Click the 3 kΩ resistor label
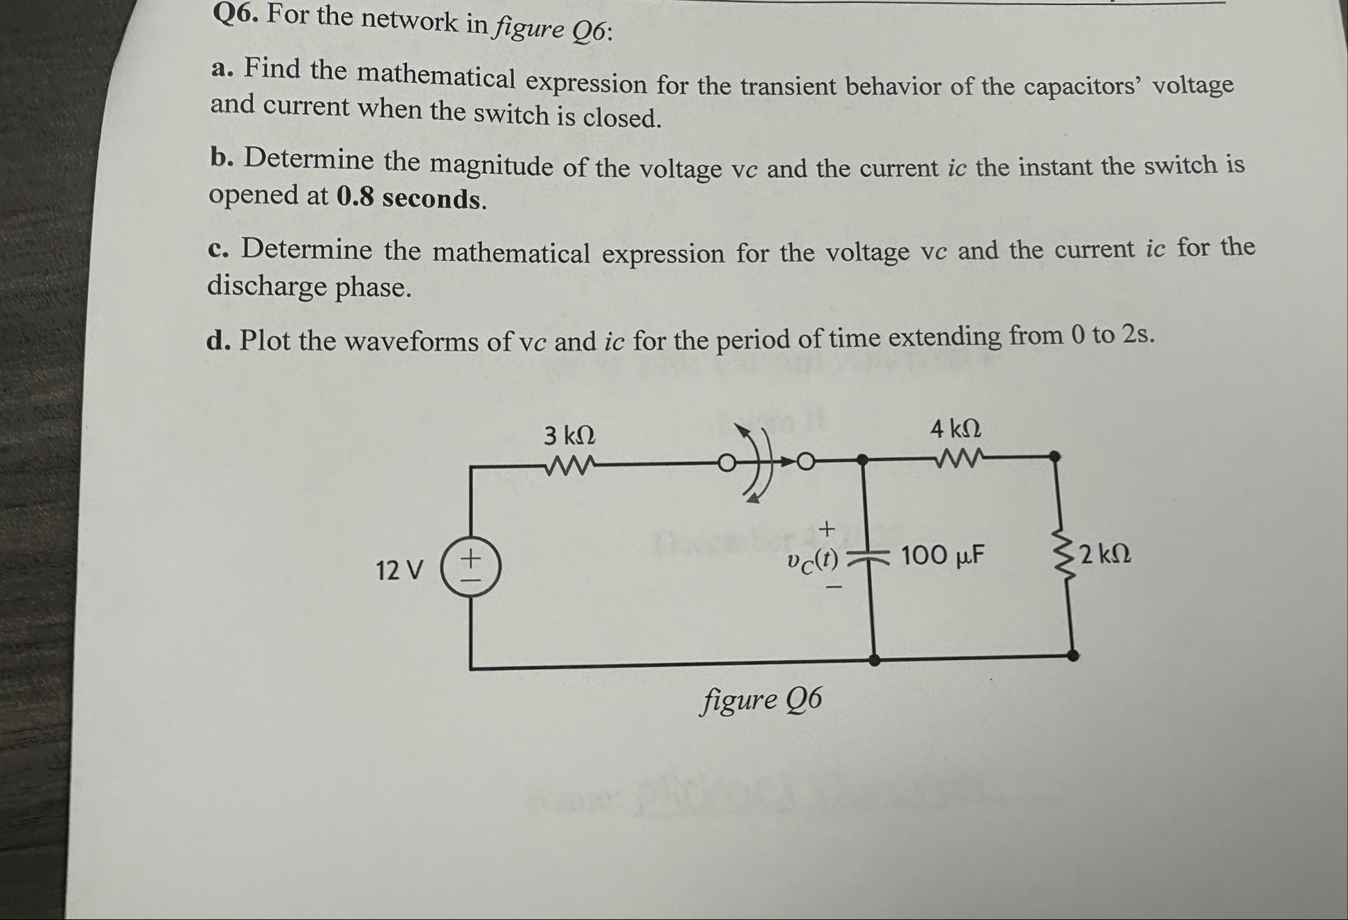click(x=569, y=436)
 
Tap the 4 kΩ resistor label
click(x=955, y=429)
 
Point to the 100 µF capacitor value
click(x=942, y=556)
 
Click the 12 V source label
click(x=399, y=571)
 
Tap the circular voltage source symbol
click(x=470, y=569)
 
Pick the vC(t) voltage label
click(x=812, y=560)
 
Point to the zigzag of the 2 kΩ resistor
click(x=1064, y=555)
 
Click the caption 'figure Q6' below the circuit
click(x=761, y=699)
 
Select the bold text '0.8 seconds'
click(x=411, y=199)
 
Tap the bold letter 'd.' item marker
click(x=218, y=342)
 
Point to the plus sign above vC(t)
click(x=827, y=529)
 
